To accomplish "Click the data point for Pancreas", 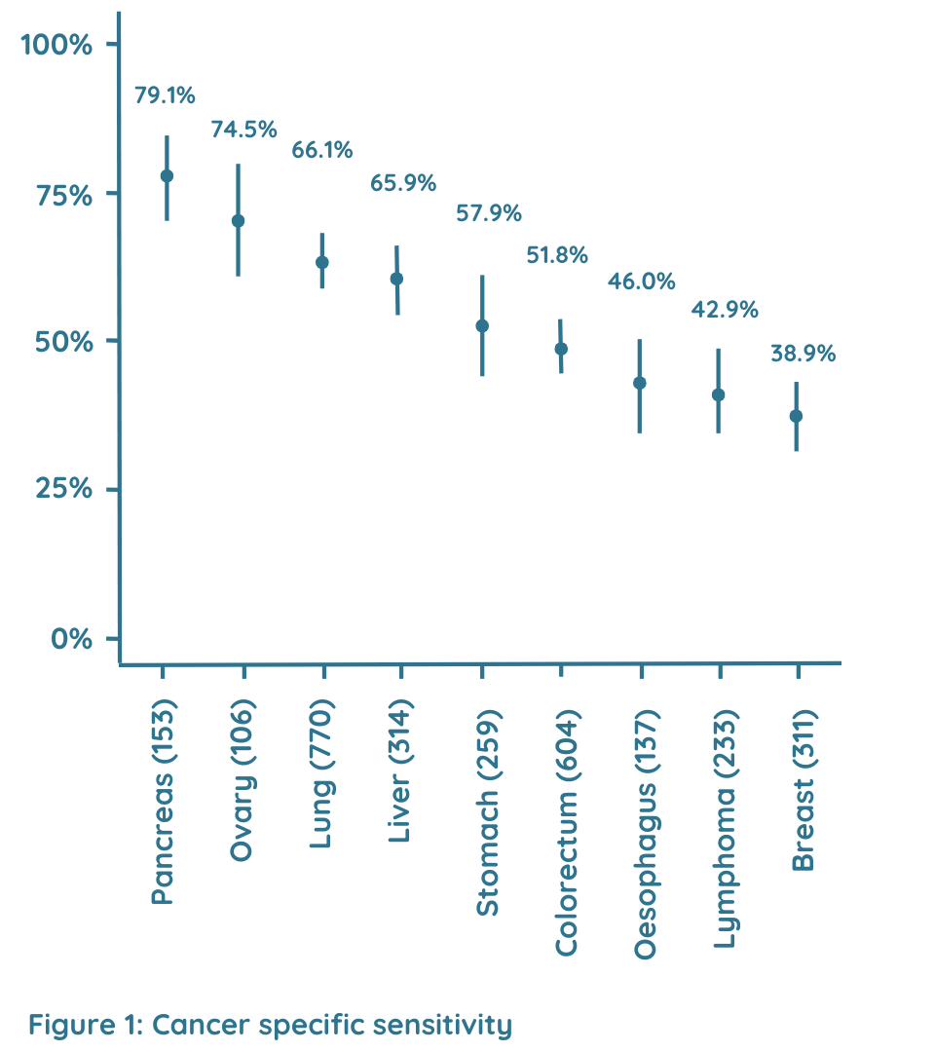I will tap(167, 175).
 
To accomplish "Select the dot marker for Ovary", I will tap(238, 220).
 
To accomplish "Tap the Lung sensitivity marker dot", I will tap(322, 262).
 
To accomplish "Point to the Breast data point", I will tap(796, 416).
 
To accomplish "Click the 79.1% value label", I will tap(165, 95).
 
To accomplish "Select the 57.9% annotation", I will tap(489, 212).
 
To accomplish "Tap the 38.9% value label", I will tap(803, 354).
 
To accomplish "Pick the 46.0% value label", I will tap(642, 282).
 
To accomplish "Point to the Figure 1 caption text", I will tap(270, 1025).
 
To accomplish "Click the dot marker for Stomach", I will tap(481, 325).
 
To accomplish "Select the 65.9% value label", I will tap(402, 182).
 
